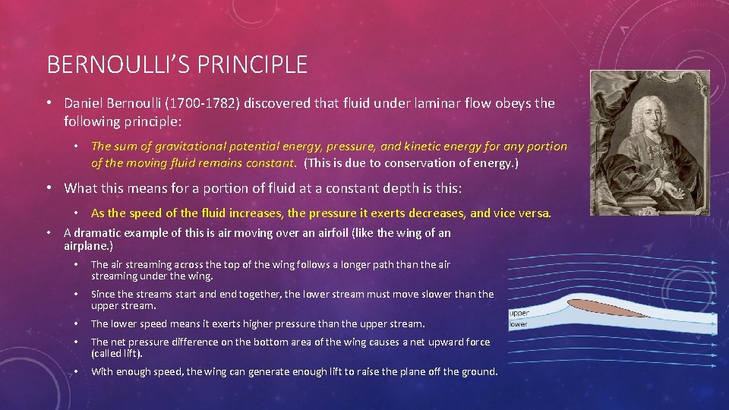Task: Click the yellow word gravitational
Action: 179,147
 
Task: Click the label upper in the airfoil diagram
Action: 519,313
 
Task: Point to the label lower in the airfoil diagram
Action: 519,324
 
